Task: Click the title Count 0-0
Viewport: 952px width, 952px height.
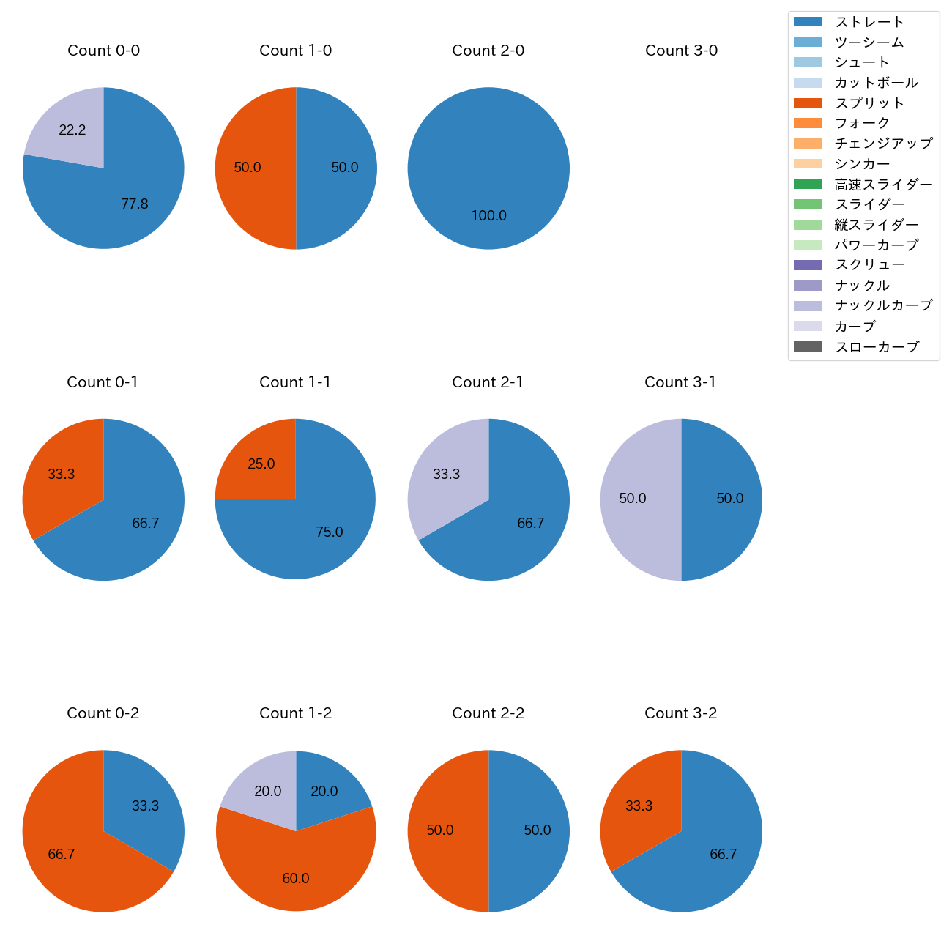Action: [x=103, y=51]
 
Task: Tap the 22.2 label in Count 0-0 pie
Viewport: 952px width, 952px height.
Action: [x=72, y=130]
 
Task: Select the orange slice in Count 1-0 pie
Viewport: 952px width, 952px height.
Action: [x=253, y=168]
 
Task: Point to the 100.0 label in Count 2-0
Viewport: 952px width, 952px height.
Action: [x=488, y=216]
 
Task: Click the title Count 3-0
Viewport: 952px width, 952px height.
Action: [x=681, y=51]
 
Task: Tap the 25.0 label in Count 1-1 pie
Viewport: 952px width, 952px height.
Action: [x=261, y=464]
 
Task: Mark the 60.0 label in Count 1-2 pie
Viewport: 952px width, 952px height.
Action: [x=296, y=879]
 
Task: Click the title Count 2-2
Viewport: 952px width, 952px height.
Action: [x=488, y=713]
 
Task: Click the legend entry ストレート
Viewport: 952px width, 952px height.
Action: [x=869, y=22]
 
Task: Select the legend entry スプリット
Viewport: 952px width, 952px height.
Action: [x=869, y=103]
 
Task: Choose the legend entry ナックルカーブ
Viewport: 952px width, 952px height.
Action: [x=883, y=305]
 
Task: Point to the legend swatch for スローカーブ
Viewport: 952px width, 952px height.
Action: [x=808, y=346]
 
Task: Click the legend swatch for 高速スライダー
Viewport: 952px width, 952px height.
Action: [x=808, y=184]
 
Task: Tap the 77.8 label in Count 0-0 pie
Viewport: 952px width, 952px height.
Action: [x=135, y=204]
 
